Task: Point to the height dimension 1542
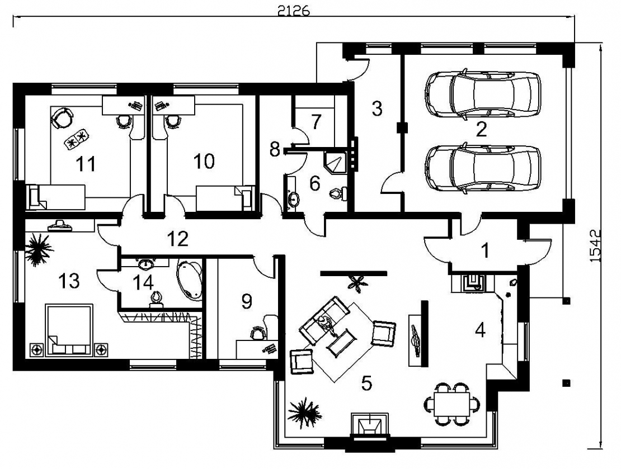[596, 244]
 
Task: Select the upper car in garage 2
[483, 93]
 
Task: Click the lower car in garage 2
[483, 169]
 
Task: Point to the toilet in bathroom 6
[337, 193]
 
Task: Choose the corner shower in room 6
[335, 162]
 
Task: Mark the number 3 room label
[377, 108]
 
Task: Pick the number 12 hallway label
[178, 239]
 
